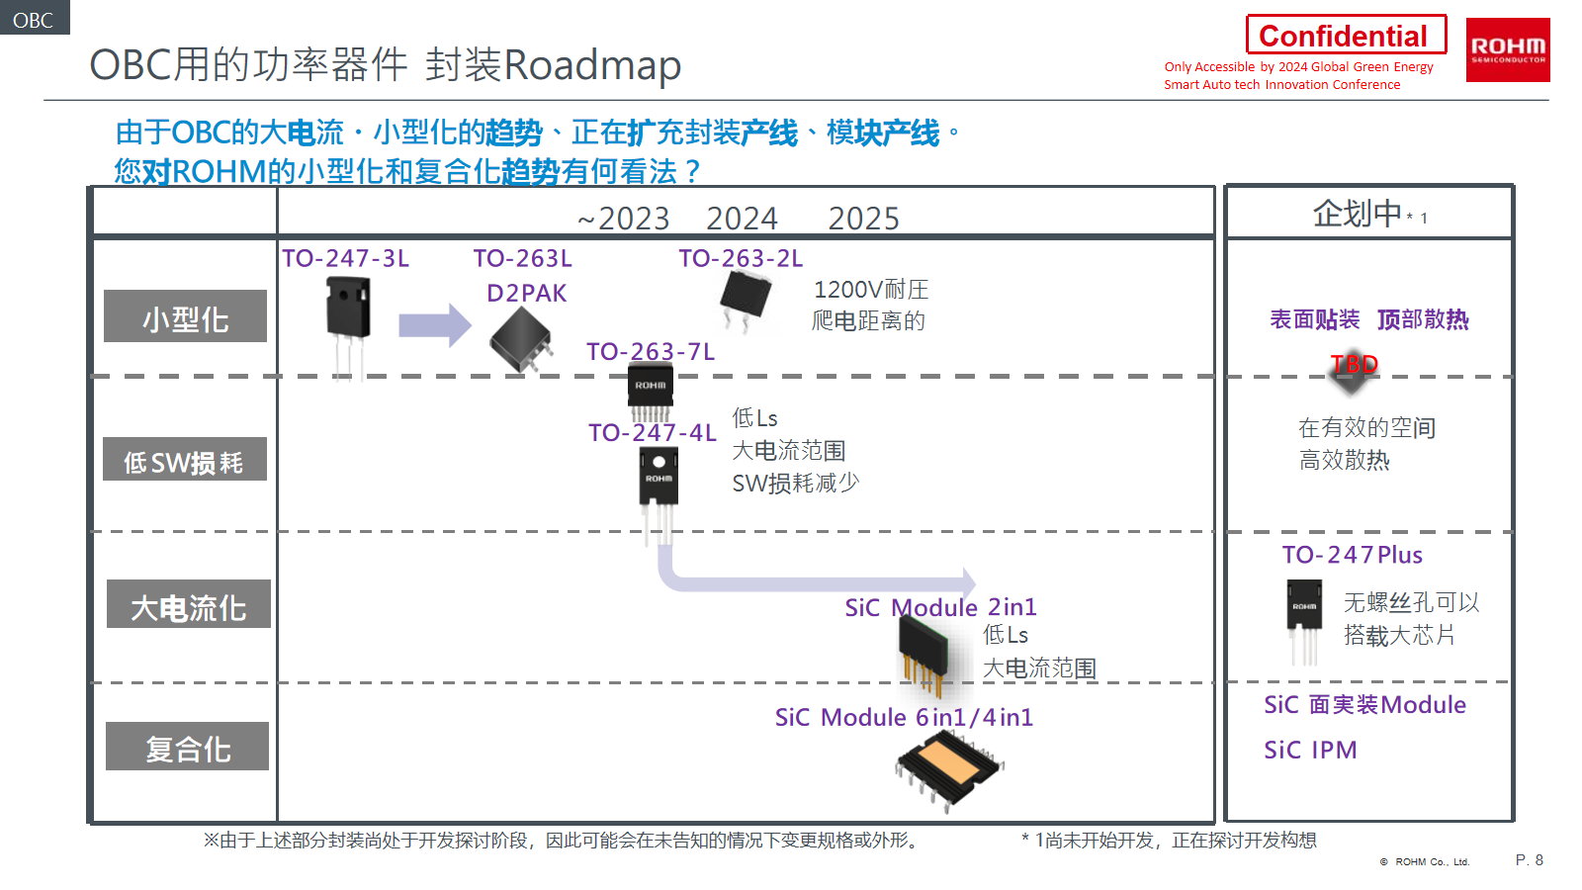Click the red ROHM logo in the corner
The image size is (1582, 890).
1507,49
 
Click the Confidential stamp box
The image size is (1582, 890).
1345,36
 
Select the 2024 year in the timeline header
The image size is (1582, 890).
742,218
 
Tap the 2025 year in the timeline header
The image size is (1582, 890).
863,218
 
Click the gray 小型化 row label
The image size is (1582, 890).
185,317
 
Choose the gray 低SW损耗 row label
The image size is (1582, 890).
184,460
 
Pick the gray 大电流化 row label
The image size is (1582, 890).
188,605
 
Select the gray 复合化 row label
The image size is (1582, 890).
187,747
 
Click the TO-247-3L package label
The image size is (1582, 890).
345,259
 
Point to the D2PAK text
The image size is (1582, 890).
526,294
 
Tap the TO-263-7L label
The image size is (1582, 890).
650,352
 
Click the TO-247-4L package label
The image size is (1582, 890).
652,433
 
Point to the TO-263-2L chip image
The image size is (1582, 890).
746,297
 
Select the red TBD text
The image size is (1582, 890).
1354,365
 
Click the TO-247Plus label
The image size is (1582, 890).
1352,556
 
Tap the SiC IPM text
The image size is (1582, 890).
1310,751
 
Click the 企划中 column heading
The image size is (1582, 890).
1357,214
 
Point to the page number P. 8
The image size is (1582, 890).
1529,860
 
